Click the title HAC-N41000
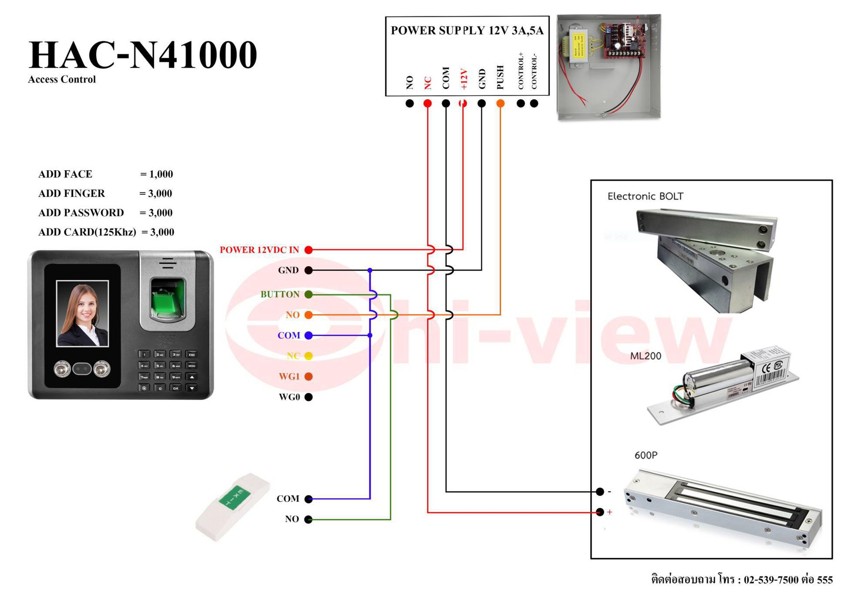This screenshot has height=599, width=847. [142, 55]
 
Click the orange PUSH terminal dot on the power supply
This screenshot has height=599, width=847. [500, 103]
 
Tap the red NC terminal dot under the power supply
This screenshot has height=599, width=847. [427, 103]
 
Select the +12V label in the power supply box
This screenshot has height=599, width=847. [463, 79]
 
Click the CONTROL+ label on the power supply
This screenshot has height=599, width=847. [521, 71]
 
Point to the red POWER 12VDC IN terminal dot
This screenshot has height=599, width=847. [309, 250]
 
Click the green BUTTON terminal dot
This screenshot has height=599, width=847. [309, 294]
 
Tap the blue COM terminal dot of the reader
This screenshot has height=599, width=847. [309, 335]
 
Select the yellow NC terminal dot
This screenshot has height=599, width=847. [309, 356]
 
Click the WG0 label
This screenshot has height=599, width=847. [289, 397]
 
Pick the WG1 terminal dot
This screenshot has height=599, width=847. [309, 377]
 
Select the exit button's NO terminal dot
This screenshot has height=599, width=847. [309, 520]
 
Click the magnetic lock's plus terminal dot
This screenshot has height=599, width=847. [600, 512]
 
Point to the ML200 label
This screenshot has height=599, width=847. [645, 356]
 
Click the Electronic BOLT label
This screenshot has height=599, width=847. [645, 196]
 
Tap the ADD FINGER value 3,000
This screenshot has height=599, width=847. [160, 193]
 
